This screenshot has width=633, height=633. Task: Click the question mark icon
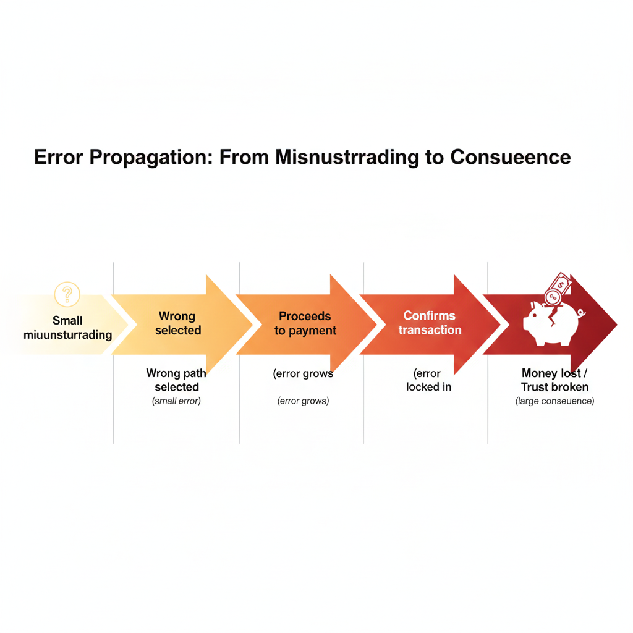click(x=67, y=294)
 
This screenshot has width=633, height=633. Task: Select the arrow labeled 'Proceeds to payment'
click(x=305, y=323)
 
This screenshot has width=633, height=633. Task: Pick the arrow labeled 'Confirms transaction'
click(x=430, y=323)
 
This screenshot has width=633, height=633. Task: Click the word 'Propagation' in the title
click(x=148, y=157)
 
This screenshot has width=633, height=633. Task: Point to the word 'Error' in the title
click(x=58, y=156)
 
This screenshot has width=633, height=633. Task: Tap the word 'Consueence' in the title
click(x=510, y=156)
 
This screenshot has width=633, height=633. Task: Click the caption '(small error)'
click(x=177, y=401)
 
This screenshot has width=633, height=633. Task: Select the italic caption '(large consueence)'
click(x=554, y=401)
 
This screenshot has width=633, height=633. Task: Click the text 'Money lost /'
click(x=554, y=373)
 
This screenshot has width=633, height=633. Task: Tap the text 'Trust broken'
click(x=554, y=388)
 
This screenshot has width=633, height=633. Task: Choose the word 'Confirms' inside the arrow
click(x=429, y=316)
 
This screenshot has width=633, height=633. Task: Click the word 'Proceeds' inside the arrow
click(x=305, y=316)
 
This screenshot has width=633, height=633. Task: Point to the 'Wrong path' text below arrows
click(x=176, y=373)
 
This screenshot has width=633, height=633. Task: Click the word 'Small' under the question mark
click(x=67, y=321)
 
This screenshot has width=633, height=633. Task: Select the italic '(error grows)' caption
click(x=303, y=401)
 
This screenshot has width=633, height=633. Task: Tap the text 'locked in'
click(x=428, y=388)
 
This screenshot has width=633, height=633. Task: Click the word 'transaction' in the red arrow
click(x=430, y=330)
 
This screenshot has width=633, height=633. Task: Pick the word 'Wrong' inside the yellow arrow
click(x=177, y=316)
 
